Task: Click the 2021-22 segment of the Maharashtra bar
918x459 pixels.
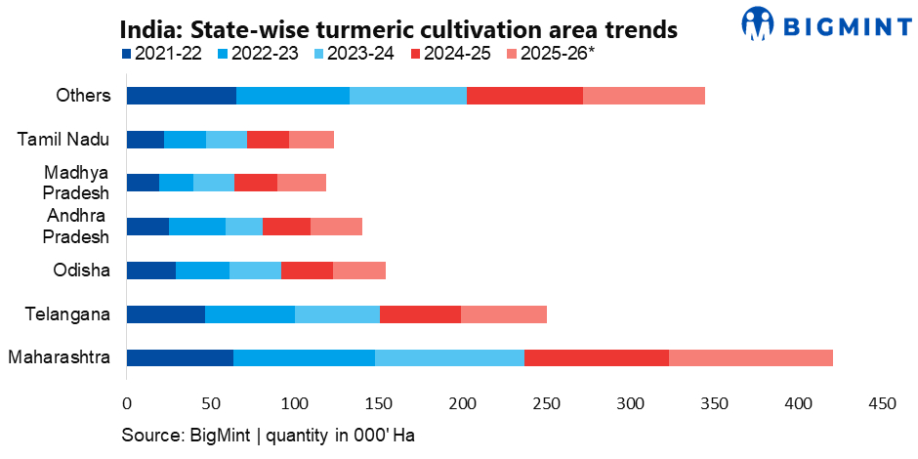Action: tap(180, 357)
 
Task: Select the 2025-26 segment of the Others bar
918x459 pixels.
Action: tap(644, 95)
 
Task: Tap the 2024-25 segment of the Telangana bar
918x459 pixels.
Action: tap(420, 313)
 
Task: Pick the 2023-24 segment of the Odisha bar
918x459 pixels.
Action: tap(255, 270)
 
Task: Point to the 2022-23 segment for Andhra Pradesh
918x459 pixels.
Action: tap(197, 226)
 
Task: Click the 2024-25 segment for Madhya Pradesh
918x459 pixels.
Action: tap(256, 183)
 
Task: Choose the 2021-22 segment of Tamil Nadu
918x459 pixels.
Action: tap(146, 139)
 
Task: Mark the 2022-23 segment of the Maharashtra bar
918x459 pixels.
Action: tap(305, 357)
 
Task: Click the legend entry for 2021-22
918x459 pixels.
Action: tap(162, 54)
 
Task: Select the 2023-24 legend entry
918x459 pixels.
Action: tap(355, 54)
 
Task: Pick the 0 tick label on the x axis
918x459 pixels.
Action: tap(126, 403)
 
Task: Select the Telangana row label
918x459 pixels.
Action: tap(68, 313)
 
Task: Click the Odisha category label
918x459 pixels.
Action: tap(81, 270)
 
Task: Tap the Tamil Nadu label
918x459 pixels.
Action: tap(63, 140)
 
